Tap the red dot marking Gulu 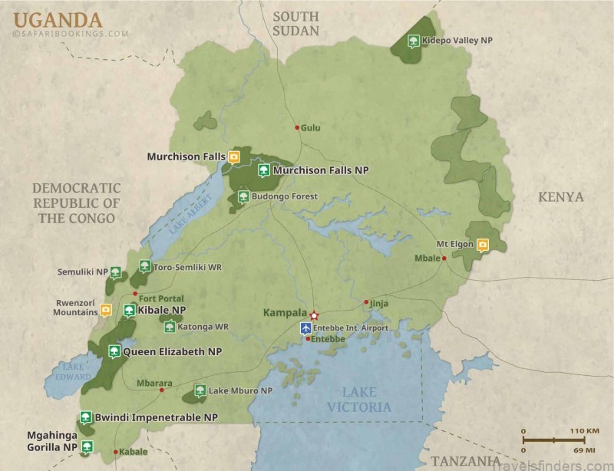(x=296, y=127)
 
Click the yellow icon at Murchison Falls (x=234, y=157)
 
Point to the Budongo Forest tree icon (x=243, y=197)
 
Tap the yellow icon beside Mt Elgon (x=483, y=245)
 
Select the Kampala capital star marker (x=313, y=315)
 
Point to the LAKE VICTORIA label (x=359, y=400)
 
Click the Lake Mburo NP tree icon (x=200, y=390)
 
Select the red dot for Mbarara (x=162, y=390)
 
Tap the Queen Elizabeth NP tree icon (x=114, y=352)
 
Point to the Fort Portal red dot (x=134, y=294)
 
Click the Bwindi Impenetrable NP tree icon (x=86, y=418)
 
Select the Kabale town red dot (x=115, y=452)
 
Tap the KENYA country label (x=560, y=197)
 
